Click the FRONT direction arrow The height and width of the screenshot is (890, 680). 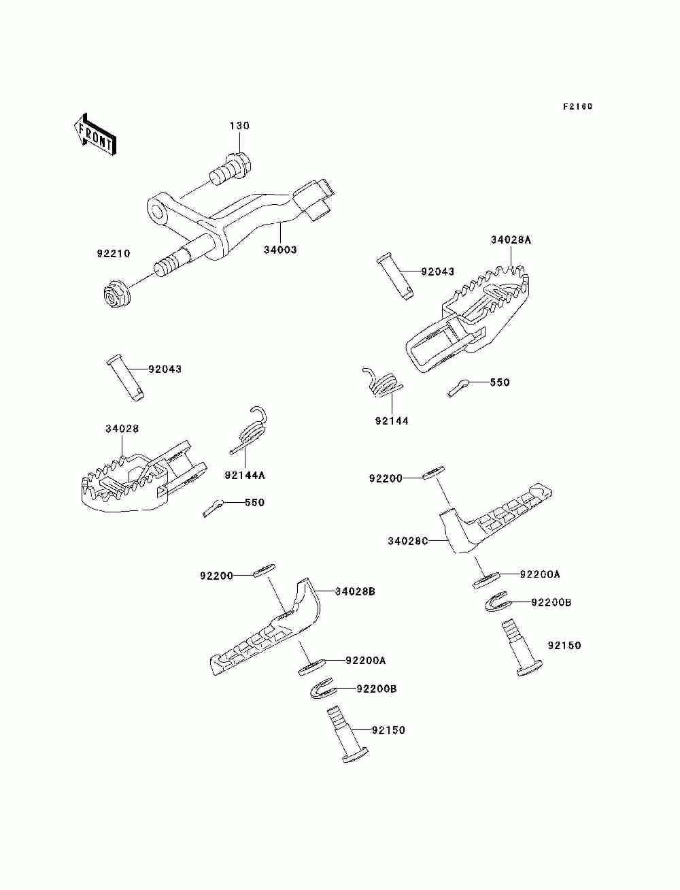(95, 135)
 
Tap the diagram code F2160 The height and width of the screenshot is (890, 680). (577, 107)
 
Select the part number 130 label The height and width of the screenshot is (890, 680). (239, 126)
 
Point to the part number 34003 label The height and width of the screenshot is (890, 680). (280, 250)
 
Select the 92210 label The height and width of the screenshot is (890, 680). (114, 253)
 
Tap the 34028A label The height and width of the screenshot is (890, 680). (511, 240)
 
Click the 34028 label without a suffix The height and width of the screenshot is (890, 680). (122, 429)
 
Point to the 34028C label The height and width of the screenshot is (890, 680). (408, 541)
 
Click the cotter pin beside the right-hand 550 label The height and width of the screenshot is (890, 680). (458, 388)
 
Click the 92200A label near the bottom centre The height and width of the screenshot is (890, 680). (366, 661)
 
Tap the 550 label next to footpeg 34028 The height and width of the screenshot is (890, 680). (254, 502)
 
